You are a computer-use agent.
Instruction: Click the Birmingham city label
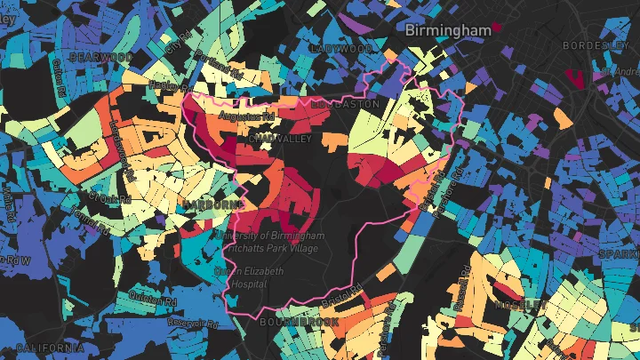click(x=447, y=30)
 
